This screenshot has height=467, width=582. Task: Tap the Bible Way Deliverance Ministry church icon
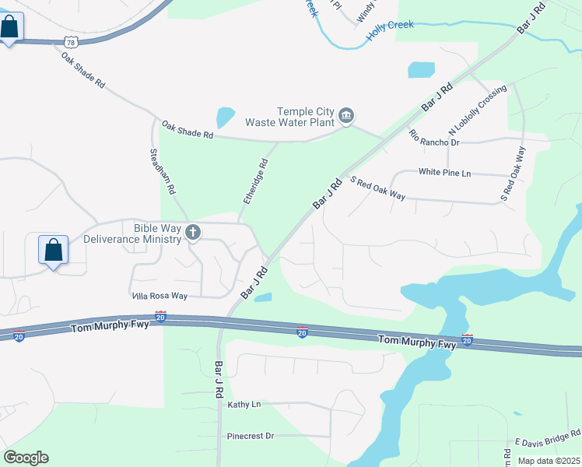tap(193, 232)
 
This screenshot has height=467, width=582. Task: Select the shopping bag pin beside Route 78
tap(9, 29)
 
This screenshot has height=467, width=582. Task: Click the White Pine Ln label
tap(444, 172)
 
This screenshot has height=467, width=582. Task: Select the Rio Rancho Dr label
tap(434, 138)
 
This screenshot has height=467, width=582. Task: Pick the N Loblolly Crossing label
tap(476, 109)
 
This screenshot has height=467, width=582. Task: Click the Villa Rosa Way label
tap(160, 297)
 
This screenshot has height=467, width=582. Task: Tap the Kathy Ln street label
tap(244, 405)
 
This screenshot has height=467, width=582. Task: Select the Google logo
tap(26, 458)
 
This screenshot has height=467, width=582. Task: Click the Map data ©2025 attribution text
tap(548, 461)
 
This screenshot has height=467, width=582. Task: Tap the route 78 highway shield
tap(72, 40)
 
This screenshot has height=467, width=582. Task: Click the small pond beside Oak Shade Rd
tap(224, 118)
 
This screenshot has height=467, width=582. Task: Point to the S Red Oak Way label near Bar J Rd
tap(377, 189)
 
